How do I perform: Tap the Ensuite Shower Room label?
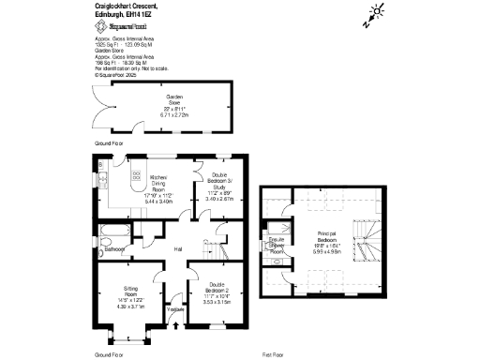point(277,245)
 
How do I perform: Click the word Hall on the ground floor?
point(178,249)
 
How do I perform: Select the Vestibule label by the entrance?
point(175,309)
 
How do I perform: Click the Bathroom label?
point(115,250)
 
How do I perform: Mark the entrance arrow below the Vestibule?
point(176,326)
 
